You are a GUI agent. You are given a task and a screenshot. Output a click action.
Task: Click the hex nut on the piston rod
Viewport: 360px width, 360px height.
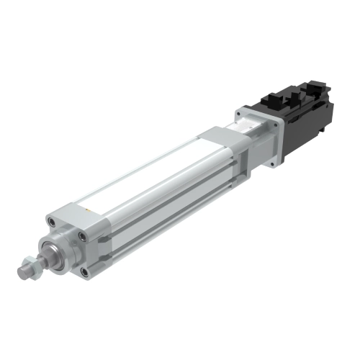31,268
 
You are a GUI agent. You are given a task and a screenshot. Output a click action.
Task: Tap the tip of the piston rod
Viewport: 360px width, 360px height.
22,272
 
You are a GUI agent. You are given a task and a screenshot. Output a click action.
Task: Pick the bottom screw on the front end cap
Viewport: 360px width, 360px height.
86,271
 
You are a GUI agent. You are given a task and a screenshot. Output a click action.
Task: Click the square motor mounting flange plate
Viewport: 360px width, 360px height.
259,137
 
